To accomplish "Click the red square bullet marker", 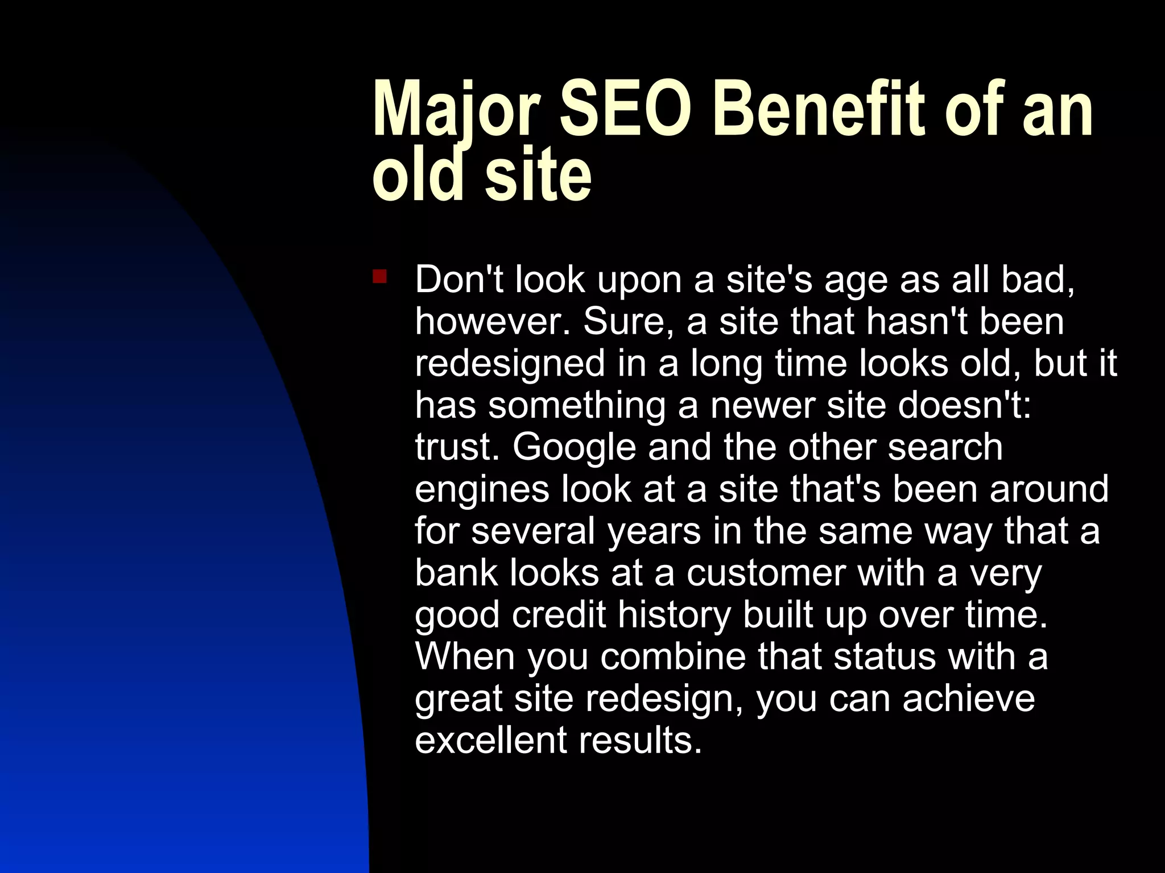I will click(x=379, y=277).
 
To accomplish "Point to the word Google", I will click(x=574, y=447).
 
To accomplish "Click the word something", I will click(x=577, y=405).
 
